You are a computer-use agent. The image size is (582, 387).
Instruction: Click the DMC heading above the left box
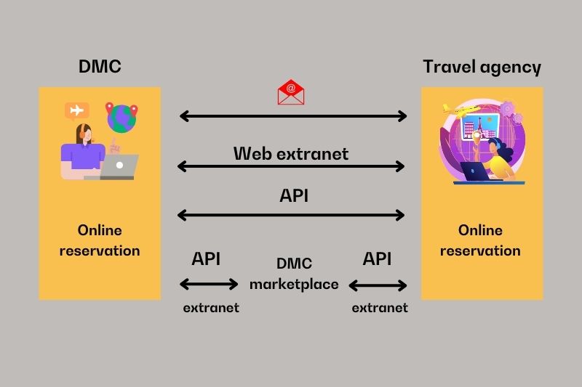pyautogui.click(x=100, y=67)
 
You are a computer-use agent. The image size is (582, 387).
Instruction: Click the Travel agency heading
pyautogui.click(x=482, y=67)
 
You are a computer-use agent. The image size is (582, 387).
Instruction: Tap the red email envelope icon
pyautogui.click(x=291, y=91)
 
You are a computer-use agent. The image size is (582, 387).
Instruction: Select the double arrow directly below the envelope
pyautogui.click(x=293, y=115)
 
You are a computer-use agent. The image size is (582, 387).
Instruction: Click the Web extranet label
pyautogui.click(x=291, y=153)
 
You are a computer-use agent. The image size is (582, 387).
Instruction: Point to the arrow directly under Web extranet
pyautogui.click(x=291, y=166)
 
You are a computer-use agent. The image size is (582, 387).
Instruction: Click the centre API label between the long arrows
pyautogui.click(x=294, y=195)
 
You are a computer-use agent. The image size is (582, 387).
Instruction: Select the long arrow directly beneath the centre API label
pyautogui.click(x=291, y=214)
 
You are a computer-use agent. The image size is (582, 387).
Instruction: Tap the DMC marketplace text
pyautogui.click(x=294, y=274)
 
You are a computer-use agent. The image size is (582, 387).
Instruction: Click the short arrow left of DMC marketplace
pyautogui.click(x=209, y=284)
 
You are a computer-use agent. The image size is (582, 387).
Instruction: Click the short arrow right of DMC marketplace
pyautogui.click(x=378, y=285)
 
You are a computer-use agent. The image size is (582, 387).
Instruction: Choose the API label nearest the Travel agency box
pyautogui.click(x=377, y=258)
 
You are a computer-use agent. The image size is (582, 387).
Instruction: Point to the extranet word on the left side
pyautogui.click(x=211, y=307)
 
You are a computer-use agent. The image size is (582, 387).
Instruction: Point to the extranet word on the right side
pyautogui.click(x=380, y=307)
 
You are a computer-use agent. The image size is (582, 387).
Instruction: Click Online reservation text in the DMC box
pyautogui.click(x=100, y=240)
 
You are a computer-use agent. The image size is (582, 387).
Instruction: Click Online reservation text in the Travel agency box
pyautogui.click(x=480, y=240)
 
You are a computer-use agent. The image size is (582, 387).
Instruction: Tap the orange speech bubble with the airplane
pyautogui.click(x=76, y=110)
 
